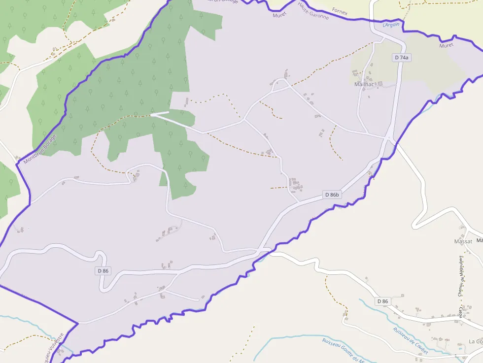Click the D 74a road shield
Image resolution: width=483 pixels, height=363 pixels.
[x=402, y=58]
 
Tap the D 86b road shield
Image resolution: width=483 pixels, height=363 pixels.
[x=332, y=195]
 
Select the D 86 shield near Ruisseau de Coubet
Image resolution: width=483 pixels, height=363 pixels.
[x=382, y=301]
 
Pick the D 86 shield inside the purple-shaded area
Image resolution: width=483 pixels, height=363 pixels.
[x=103, y=270]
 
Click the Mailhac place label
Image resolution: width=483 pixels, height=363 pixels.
[x=365, y=84]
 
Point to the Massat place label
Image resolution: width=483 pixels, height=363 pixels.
[x=463, y=241]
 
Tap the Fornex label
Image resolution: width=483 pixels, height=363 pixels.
[x=340, y=10]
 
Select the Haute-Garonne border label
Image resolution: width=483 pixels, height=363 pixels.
[x=313, y=10]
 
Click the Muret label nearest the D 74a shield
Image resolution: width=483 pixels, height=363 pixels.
[x=446, y=45]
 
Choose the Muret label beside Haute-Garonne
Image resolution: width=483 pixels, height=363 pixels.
[x=279, y=15]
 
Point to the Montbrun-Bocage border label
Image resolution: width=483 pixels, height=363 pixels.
[x=40, y=149]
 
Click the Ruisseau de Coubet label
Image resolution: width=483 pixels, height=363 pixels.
[x=410, y=340]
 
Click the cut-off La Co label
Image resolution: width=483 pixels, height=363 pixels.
[x=475, y=341]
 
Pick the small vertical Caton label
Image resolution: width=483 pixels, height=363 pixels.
[x=461, y=311]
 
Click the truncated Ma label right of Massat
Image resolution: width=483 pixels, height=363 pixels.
[x=479, y=240]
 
